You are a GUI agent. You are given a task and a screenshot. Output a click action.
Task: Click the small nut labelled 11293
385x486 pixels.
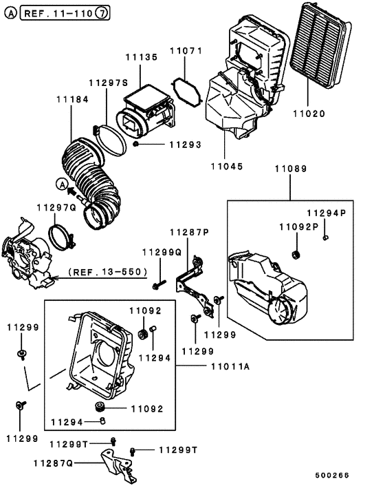[x=137, y=145]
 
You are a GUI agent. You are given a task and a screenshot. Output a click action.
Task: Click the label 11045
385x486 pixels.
[x=225, y=166]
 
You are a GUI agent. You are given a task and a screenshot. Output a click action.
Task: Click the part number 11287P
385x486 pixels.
[x=189, y=233]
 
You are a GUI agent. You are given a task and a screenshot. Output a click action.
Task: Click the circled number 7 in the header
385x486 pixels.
[x=102, y=13]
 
